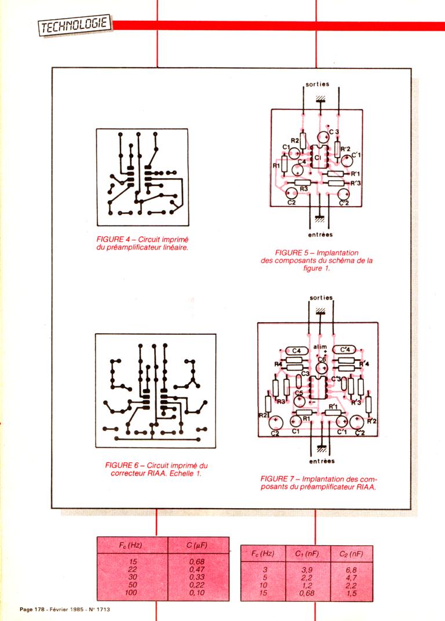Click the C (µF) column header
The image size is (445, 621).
[198, 545]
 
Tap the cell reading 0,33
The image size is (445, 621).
[198, 576]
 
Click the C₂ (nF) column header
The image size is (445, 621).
[351, 554]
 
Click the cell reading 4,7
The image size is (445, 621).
[351, 578]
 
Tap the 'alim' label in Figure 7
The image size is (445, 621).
[320, 347]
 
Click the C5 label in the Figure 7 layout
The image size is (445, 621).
[299, 394]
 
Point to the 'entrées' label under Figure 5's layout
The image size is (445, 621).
[317, 235]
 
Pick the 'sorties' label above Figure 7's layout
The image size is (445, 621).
[322, 298]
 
